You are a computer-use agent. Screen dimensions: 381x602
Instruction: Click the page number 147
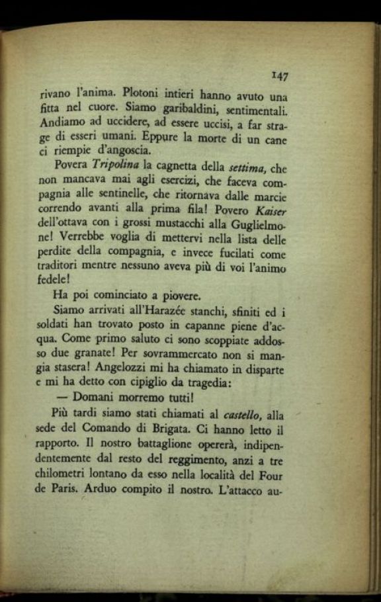(279, 76)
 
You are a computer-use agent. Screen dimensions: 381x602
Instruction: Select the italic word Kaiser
(269, 212)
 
